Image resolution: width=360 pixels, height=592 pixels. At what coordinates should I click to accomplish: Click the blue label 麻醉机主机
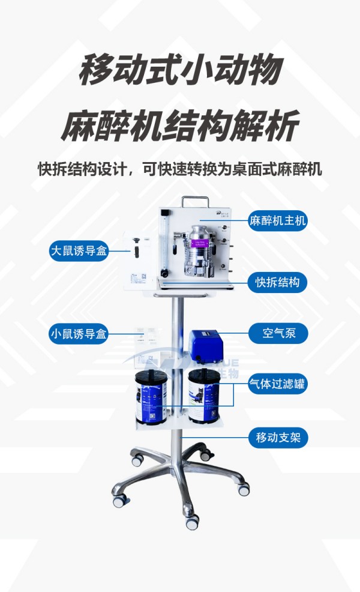(278, 221)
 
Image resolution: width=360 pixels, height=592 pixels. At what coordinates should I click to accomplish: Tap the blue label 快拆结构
(278, 282)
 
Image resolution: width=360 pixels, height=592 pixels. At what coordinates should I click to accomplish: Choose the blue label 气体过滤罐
(278, 384)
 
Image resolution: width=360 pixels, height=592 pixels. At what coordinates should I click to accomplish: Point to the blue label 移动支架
(278, 438)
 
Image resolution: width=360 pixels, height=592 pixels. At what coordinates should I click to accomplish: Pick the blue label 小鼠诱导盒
(79, 334)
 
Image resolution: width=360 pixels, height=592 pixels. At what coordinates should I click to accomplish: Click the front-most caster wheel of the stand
(192, 522)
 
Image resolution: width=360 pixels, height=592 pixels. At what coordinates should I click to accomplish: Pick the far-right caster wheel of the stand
(244, 489)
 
